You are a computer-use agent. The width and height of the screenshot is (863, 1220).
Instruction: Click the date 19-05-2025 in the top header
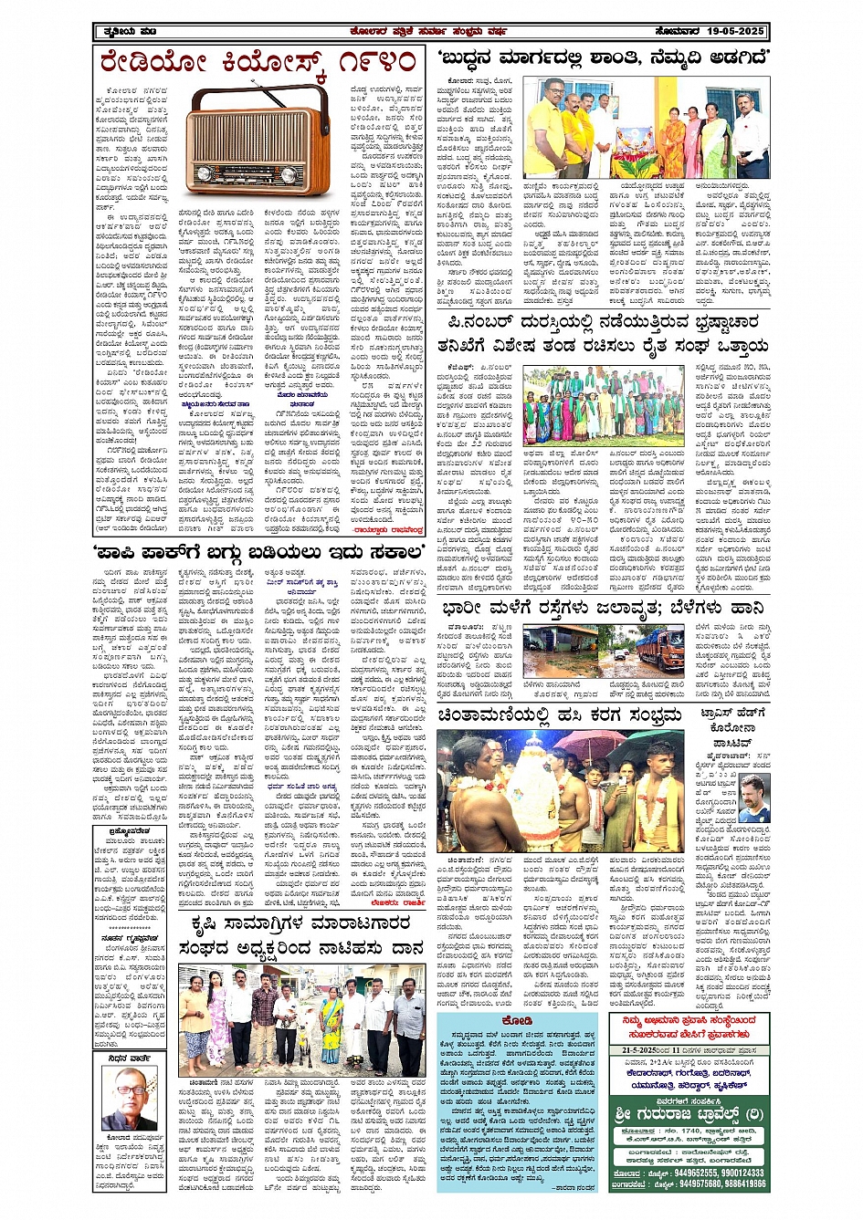point(735,31)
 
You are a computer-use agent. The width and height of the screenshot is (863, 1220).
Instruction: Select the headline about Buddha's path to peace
point(603,59)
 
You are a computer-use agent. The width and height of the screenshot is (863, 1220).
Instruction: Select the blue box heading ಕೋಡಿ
point(517,1020)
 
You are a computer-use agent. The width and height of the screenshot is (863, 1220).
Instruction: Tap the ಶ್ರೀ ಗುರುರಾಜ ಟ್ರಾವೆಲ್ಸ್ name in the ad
point(689,1113)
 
